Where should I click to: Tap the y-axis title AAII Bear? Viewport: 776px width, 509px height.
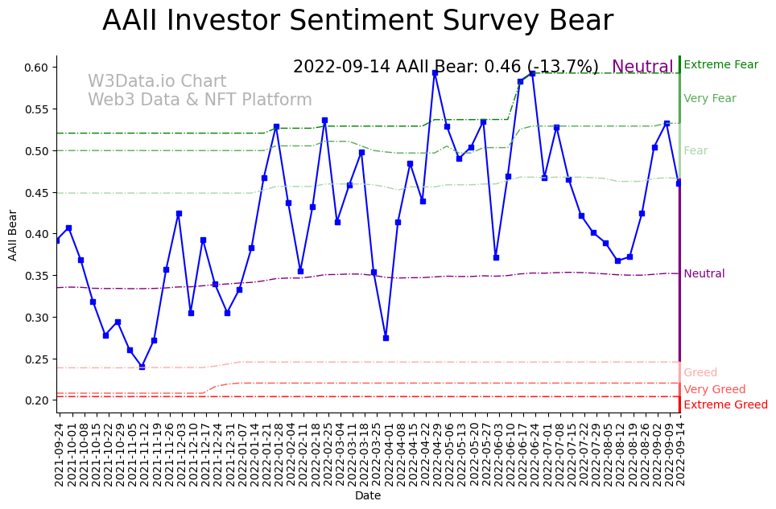13,235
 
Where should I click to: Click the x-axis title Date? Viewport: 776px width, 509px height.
368,496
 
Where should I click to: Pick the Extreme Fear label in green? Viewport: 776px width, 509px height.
720,65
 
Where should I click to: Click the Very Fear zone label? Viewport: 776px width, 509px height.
709,99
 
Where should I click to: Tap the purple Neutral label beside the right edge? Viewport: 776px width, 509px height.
704,274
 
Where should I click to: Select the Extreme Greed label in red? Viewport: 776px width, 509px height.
725,405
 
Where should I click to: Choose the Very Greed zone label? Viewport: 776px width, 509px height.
714,390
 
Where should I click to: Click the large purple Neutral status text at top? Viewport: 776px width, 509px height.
642,67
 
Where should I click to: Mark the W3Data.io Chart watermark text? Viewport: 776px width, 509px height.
157,82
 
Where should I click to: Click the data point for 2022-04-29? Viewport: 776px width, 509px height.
435,73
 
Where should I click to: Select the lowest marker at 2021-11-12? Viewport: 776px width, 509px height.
142,367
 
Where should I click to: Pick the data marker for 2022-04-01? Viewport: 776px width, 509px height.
386,338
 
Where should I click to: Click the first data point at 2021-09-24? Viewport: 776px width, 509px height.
56,240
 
